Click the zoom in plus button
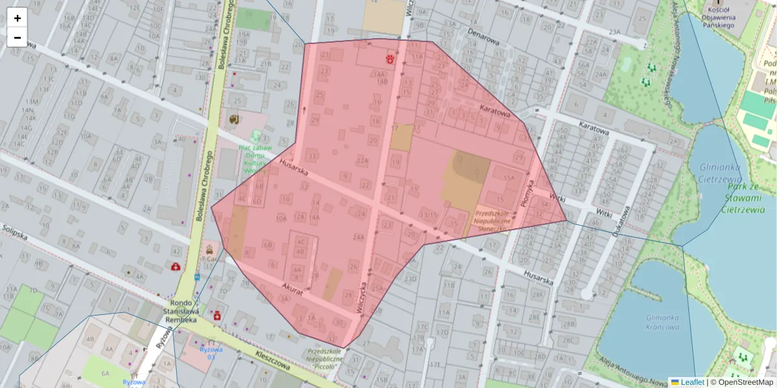click(17, 17)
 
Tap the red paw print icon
click(390, 59)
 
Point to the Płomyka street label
click(527, 193)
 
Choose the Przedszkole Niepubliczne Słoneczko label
click(493, 220)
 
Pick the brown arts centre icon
click(234, 119)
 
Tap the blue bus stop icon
click(197, 277)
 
